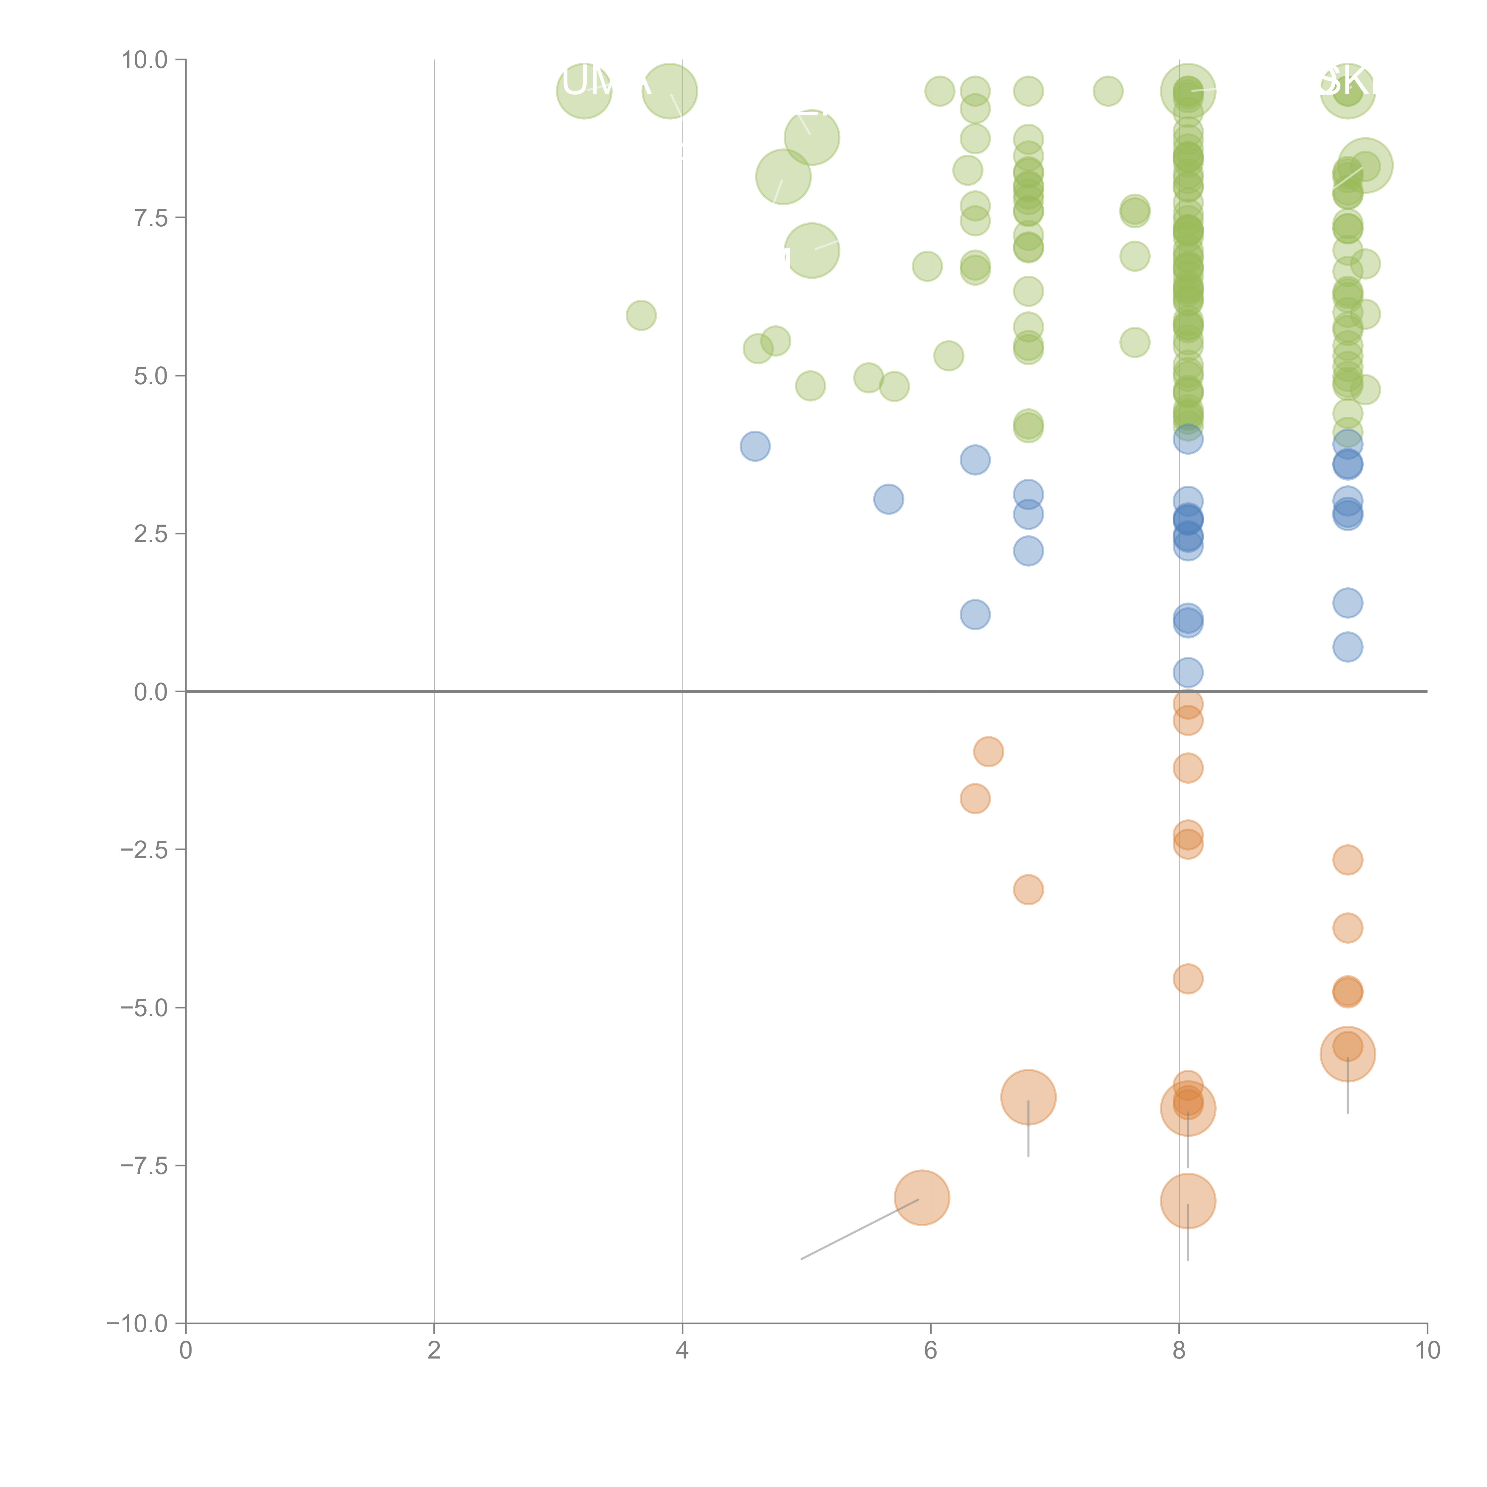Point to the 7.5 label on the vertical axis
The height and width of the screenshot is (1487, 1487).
[150, 218]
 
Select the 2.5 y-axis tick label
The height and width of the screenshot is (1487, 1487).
[150, 533]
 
